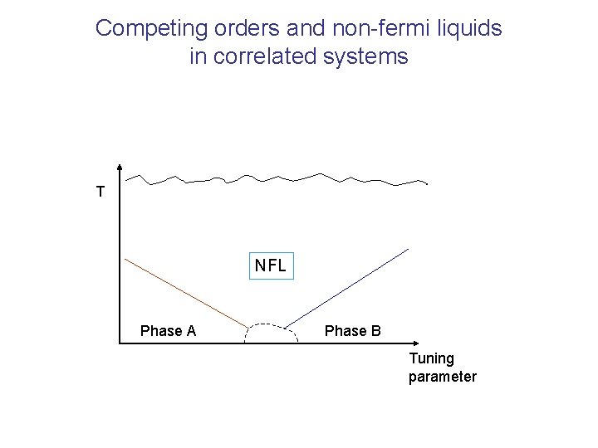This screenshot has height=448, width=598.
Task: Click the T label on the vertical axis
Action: tap(100, 192)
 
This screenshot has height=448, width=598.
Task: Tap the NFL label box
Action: tap(271, 266)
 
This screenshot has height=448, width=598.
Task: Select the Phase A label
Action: tap(168, 331)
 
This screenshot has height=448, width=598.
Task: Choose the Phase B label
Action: tap(352, 331)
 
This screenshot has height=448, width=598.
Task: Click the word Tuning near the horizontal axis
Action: tap(431, 359)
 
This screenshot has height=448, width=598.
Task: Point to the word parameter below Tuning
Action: tap(442, 377)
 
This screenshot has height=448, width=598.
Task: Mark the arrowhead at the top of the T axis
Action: tap(121, 166)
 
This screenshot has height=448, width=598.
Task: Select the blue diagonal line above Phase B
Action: tap(349, 287)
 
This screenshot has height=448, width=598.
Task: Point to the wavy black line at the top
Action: tap(282, 178)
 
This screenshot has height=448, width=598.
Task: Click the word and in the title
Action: tap(287, 28)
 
